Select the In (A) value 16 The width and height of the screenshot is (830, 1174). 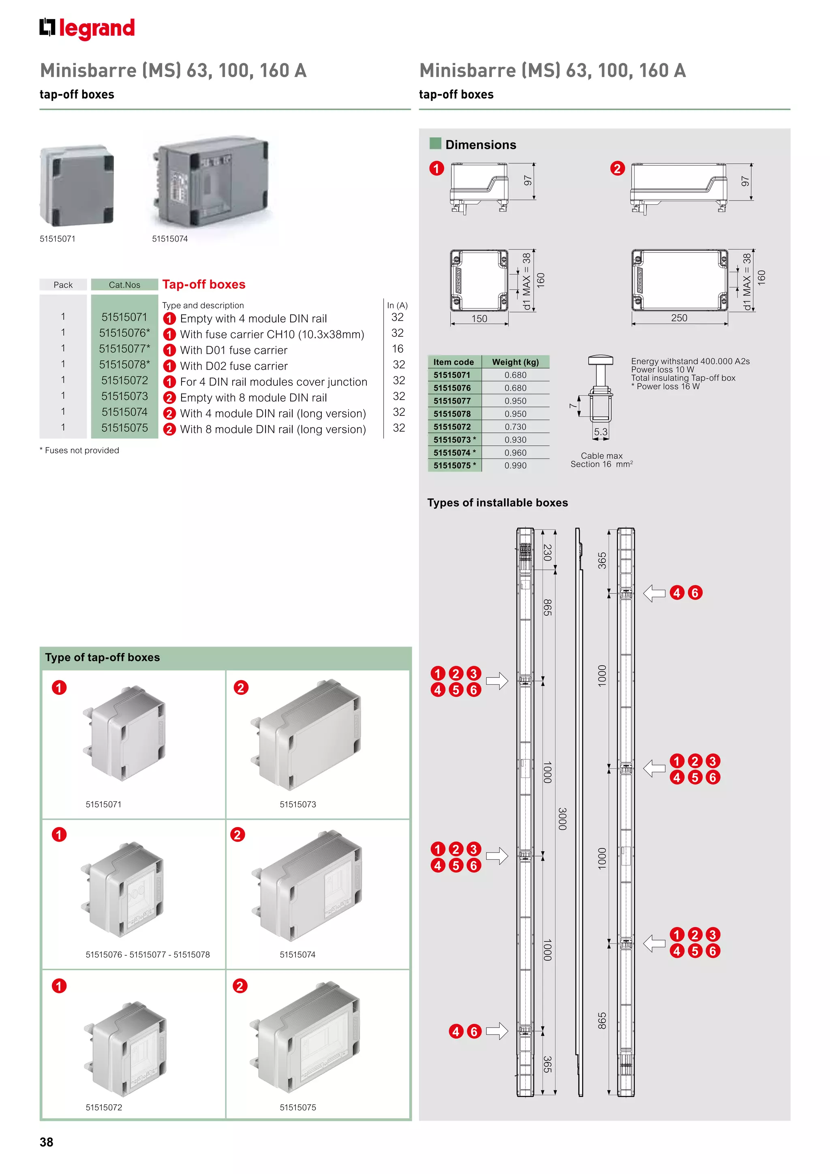click(x=398, y=349)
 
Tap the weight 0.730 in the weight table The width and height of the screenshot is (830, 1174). click(x=515, y=426)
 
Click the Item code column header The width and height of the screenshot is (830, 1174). click(x=454, y=362)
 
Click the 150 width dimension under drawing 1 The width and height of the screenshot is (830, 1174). click(x=479, y=319)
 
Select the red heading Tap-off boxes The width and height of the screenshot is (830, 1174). click(x=204, y=284)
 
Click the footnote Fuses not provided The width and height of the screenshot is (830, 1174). click(x=80, y=450)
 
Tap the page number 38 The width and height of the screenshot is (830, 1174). click(x=47, y=1142)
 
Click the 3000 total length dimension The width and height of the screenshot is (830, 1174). click(x=562, y=818)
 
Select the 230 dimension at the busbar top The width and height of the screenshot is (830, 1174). click(x=548, y=552)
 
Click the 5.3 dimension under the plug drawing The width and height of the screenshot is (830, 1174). click(x=601, y=432)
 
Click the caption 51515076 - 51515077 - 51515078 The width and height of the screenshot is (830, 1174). click(x=148, y=955)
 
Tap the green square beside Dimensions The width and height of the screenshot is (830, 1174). click(x=435, y=143)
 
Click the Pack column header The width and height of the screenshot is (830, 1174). click(x=63, y=285)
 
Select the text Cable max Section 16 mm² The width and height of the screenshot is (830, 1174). click(x=601, y=460)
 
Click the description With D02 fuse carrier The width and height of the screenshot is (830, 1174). click(x=233, y=366)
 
